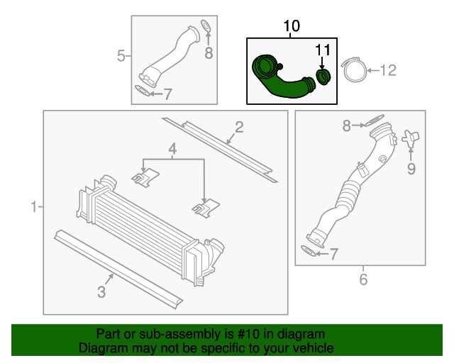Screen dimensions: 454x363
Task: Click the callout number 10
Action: (x=292, y=26)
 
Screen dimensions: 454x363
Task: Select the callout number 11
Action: (x=323, y=50)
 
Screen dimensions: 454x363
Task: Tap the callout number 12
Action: (x=388, y=70)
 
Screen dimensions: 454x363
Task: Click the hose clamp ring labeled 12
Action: (x=355, y=71)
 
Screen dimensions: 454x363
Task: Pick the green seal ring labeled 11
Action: (x=323, y=77)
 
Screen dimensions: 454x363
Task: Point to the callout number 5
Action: (x=121, y=55)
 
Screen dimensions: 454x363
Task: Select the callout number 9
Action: (x=411, y=169)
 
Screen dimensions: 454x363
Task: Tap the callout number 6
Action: (x=363, y=279)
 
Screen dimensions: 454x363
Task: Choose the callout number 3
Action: (x=101, y=292)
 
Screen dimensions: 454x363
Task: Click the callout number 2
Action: (x=239, y=127)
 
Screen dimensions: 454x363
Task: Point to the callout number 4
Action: (x=172, y=150)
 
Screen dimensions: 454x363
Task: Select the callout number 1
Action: (x=34, y=207)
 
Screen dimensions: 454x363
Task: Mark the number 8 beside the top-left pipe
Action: (x=209, y=53)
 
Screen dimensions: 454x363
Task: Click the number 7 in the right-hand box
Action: (x=334, y=254)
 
